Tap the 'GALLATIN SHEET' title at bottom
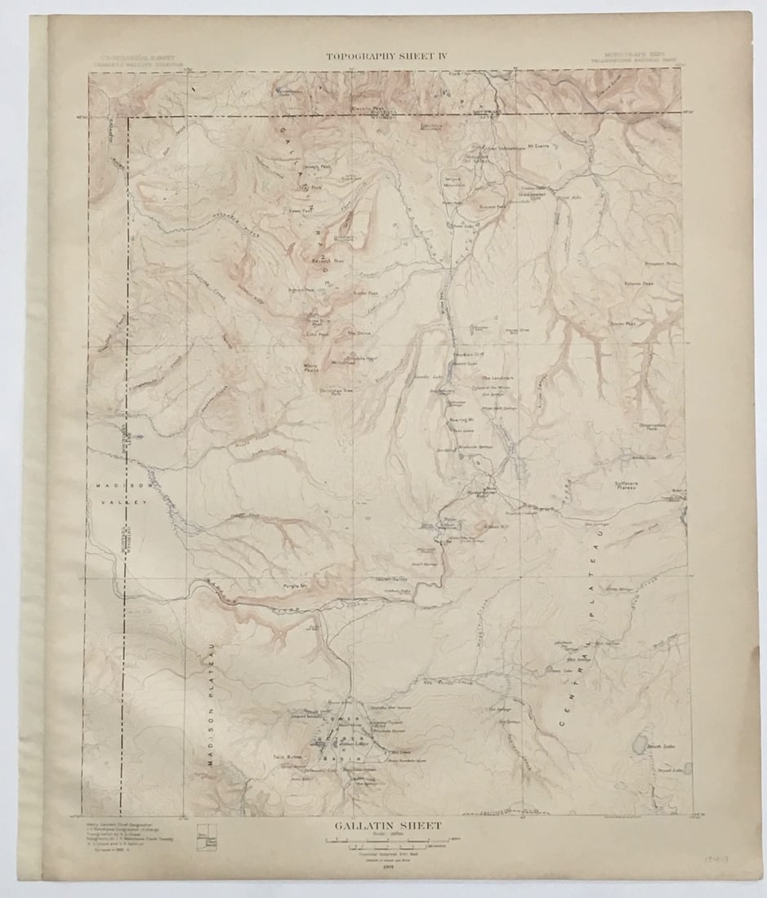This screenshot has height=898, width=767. click(387, 826)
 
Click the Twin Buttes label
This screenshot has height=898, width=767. click(288, 758)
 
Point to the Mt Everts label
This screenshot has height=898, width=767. click(536, 148)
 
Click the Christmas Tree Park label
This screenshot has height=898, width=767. click(336, 392)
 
